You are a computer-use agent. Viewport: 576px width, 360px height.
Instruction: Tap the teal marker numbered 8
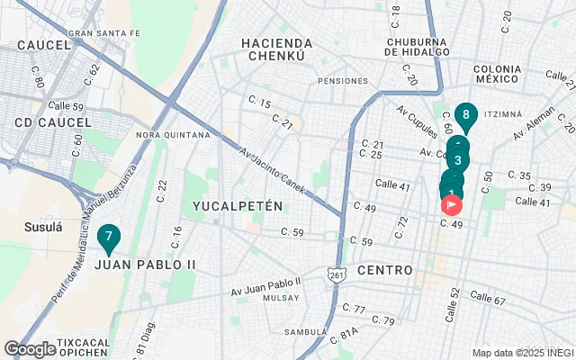465,115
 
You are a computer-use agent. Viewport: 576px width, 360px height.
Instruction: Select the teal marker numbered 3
458,160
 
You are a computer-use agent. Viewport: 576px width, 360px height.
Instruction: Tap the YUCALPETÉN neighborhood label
238,206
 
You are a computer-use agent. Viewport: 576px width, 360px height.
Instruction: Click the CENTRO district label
384,270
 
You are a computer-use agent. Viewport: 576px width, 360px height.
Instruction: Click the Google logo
30,349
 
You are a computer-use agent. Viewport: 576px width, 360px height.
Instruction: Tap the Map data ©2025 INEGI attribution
522,353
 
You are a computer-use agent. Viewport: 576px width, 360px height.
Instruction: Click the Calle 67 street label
487,298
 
